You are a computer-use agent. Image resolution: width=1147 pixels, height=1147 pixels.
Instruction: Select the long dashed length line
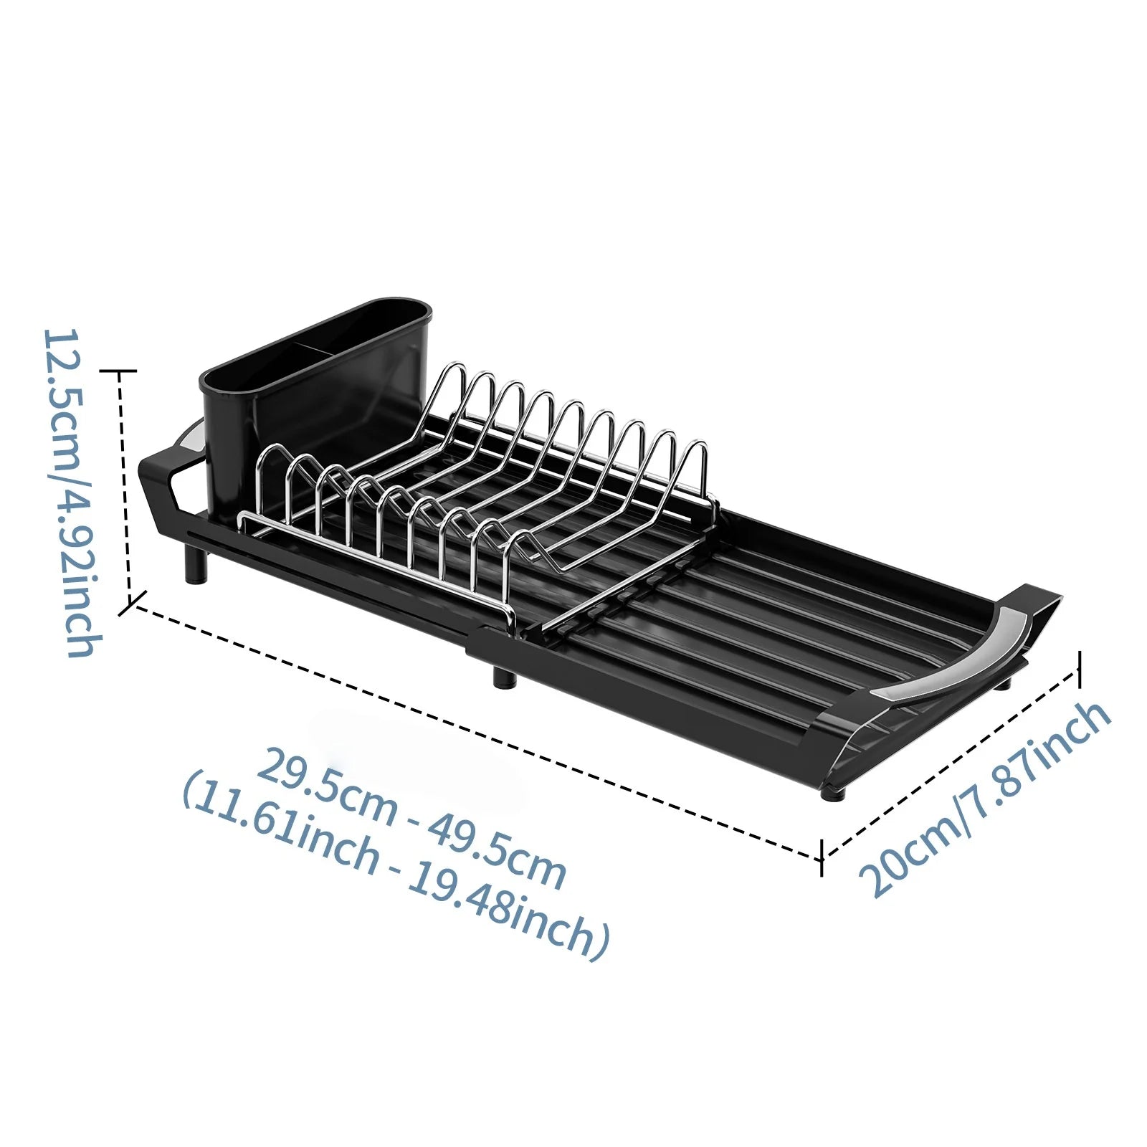(x=473, y=731)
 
